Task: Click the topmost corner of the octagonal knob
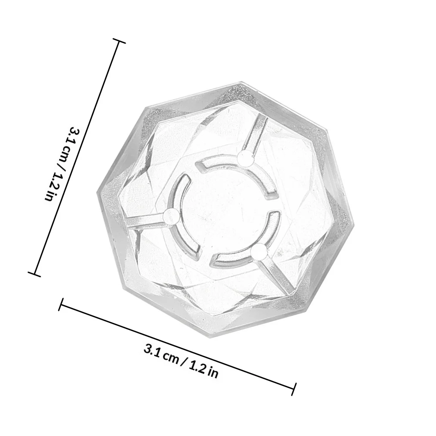(241, 82)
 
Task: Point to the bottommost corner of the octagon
(213, 338)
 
